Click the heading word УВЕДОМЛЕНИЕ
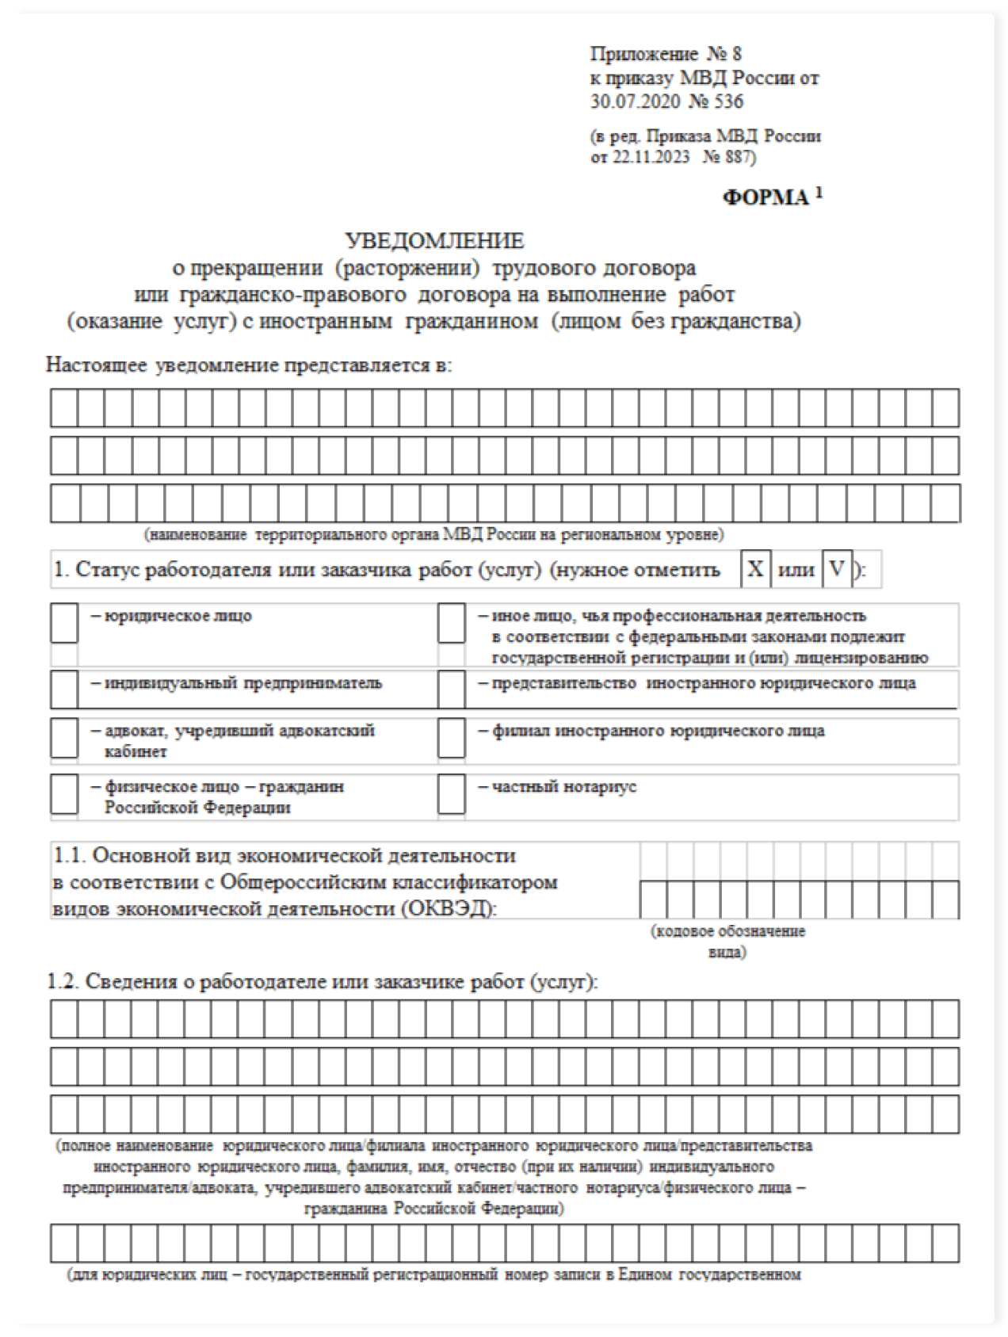434,240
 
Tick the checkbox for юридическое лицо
64,624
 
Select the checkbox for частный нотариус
451,794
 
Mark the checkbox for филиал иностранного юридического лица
451,738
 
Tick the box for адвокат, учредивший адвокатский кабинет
64,738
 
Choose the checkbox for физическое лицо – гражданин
64,794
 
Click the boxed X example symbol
756,569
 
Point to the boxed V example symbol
837,569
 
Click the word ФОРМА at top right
766,197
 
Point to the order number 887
736,157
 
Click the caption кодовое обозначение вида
727,941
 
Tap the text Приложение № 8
666,54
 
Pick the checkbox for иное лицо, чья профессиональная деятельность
451,624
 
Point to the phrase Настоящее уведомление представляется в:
248,365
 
